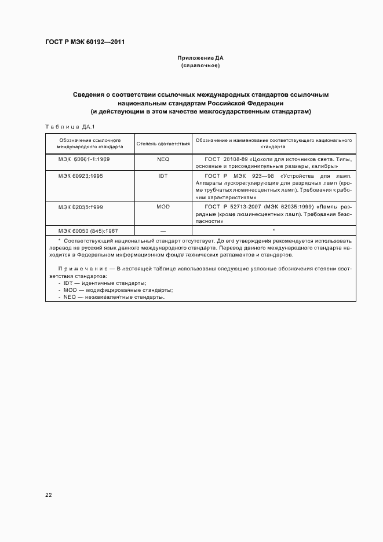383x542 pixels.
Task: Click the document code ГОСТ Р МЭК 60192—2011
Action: (85, 42)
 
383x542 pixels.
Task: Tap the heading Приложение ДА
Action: (200, 58)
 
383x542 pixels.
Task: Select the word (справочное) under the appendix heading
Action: (200, 66)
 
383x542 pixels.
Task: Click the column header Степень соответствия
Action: (163, 143)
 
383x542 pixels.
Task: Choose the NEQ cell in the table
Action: (163, 158)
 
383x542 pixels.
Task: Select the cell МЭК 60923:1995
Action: (81, 175)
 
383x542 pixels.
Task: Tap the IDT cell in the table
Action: (163, 175)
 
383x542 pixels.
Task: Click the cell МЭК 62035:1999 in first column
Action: (81, 207)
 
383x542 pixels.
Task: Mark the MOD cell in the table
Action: (163, 207)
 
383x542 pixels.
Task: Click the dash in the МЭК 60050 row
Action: (163, 231)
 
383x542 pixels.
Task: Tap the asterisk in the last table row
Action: (273, 230)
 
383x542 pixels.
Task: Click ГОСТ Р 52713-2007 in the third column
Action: (231, 207)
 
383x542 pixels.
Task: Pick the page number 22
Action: (49, 495)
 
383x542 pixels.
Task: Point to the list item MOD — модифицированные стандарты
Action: (118, 290)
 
